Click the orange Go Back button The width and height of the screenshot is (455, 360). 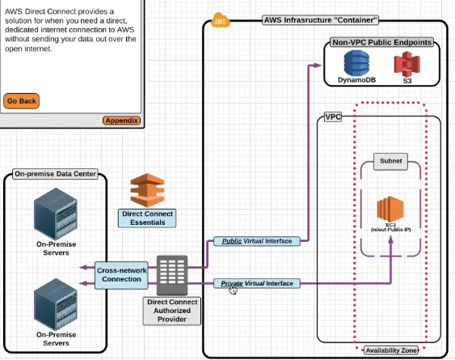[21, 101]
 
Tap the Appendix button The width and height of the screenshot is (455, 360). [121, 121]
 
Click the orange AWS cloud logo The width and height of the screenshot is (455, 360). [220, 20]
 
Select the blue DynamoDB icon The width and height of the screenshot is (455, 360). [356, 63]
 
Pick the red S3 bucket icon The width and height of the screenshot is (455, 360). [407, 64]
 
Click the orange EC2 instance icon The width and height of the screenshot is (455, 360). [390, 209]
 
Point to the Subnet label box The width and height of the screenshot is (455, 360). [391, 161]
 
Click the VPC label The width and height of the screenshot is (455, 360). [333, 116]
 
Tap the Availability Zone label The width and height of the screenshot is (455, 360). [391, 350]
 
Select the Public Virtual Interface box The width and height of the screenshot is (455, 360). [257, 241]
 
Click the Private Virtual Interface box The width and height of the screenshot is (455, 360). [257, 283]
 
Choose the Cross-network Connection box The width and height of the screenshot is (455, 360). [121, 275]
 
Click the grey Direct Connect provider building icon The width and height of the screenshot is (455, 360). [172, 275]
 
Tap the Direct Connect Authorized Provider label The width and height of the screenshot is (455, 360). [172, 311]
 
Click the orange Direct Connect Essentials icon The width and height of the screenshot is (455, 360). [147, 190]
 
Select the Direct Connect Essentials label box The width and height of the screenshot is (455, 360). [147, 218]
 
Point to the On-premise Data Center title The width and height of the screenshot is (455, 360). [55, 174]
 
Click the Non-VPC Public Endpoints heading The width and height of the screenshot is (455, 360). [382, 42]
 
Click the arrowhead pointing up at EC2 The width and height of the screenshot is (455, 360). [391, 239]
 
